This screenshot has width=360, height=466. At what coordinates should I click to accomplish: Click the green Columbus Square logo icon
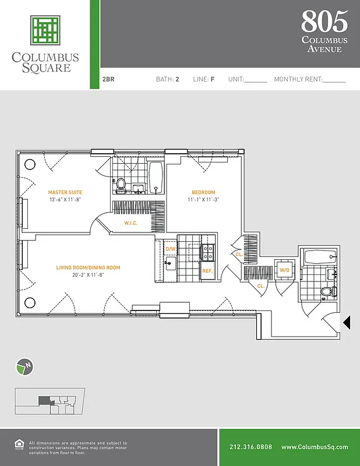pyautogui.click(x=45, y=31)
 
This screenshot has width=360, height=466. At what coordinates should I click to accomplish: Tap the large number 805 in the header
pyautogui.click(x=324, y=22)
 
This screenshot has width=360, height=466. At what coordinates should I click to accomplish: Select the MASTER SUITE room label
pyautogui.click(x=65, y=192)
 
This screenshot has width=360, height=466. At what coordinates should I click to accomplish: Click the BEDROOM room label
pyautogui.click(x=203, y=192)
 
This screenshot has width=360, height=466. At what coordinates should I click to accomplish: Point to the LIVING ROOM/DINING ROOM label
pyautogui.click(x=88, y=267)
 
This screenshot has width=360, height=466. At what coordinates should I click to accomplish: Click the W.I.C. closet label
pyautogui.click(x=130, y=223)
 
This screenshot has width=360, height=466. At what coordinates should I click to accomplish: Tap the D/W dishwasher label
pyautogui.click(x=170, y=249)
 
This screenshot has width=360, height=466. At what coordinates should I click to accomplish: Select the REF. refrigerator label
pyautogui.click(x=207, y=271)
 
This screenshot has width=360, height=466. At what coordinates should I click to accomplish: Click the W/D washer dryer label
pyautogui.click(x=285, y=270)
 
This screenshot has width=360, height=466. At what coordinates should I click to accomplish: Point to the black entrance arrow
pyautogui.click(x=346, y=322)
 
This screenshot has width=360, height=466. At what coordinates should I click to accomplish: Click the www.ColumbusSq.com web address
pyautogui.click(x=315, y=447)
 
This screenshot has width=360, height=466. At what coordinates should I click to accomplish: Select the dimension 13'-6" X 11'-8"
pyautogui.click(x=65, y=199)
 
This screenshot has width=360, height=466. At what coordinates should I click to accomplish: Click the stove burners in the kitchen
pyautogui.click(x=207, y=252)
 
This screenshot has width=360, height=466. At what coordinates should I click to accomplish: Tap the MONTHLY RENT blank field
pyautogui.click(x=334, y=80)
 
